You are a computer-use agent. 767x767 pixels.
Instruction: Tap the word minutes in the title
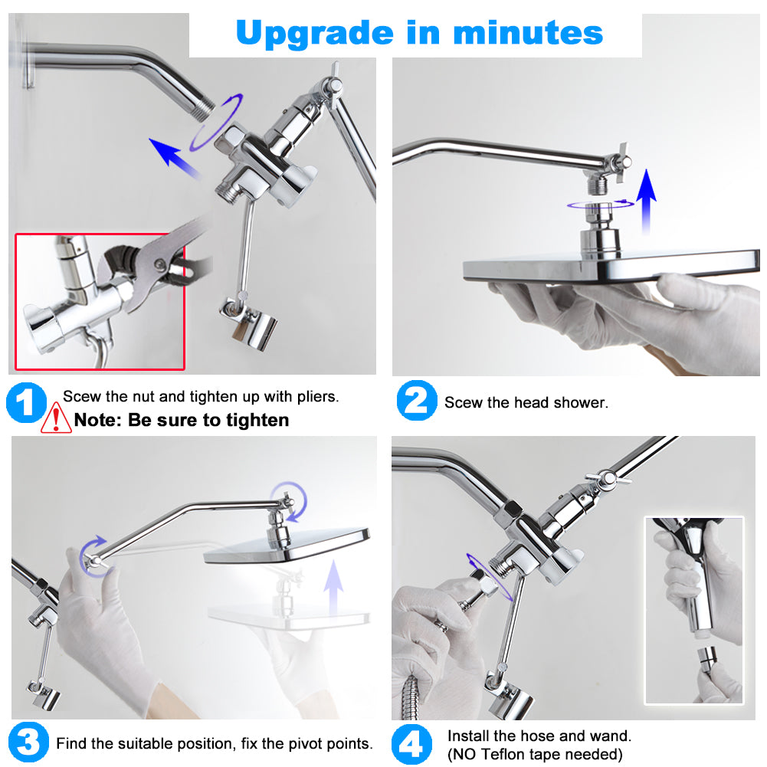click(x=528, y=33)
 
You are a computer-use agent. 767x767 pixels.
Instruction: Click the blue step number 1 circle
click(x=26, y=404)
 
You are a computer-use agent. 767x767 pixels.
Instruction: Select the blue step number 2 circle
click(x=416, y=402)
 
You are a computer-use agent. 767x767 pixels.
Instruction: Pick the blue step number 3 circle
click(x=28, y=742)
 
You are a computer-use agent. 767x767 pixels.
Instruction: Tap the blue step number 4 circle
click(x=412, y=744)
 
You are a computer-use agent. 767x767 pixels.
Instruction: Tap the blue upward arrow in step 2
click(x=647, y=199)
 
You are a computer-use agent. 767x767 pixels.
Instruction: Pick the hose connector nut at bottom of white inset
click(x=707, y=657)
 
